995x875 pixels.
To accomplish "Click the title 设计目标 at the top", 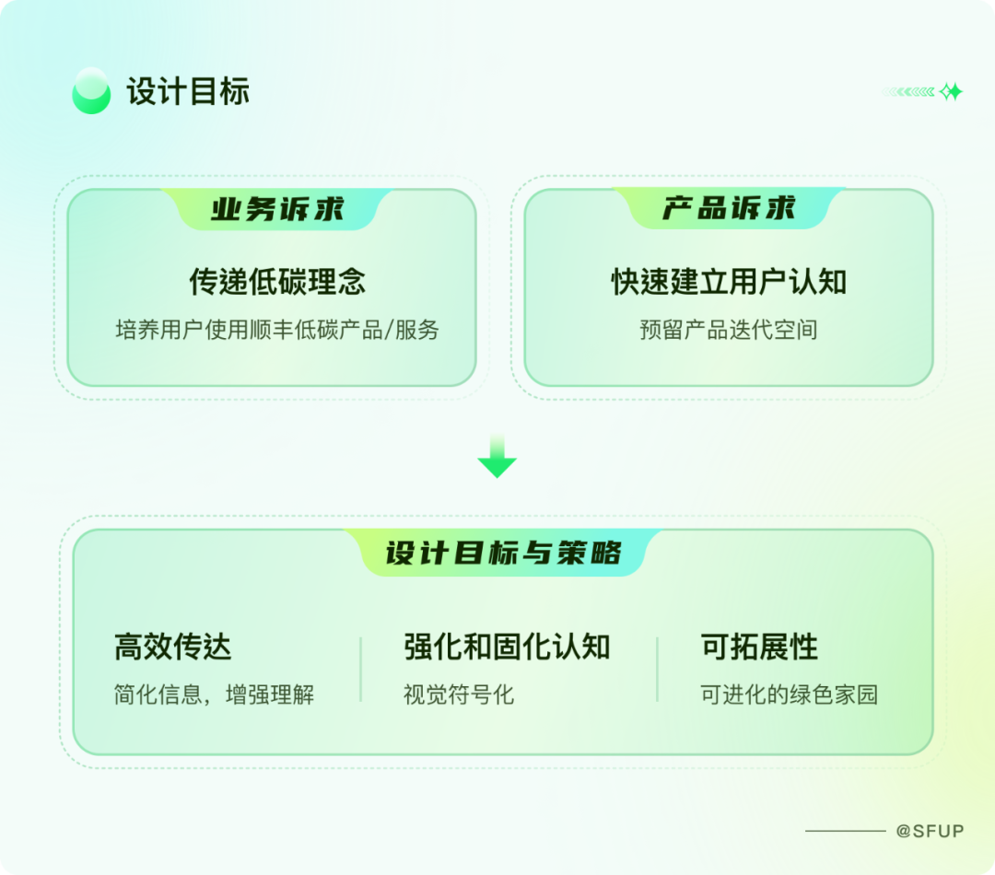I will [x=188, y=92].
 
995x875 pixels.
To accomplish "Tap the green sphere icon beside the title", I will [x=91, y=91].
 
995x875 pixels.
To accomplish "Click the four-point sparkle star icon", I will [x=951, y=92].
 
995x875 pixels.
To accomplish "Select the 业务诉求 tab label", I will [x=277, y=209].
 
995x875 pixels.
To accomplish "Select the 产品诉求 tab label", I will [x=729, y=209].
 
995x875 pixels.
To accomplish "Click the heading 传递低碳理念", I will [x=277, y=282].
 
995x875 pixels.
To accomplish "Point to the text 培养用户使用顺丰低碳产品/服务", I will [x=277, y=330].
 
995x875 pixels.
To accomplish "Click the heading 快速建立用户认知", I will [x=729, y=282].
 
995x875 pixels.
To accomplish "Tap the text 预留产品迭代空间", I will [x=729, y=330].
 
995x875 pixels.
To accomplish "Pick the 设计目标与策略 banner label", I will [x=503, y=553].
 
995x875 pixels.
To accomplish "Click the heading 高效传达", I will [x=172, y=647].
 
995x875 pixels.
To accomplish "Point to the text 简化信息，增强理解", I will [x=214, y=694].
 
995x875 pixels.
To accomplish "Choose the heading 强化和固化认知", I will [x=507, y=647].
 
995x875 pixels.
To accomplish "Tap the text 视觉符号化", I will [x=459, y=694].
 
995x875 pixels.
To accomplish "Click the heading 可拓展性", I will [x=759, y=647].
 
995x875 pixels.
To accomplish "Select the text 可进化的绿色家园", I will [x=790, y=694].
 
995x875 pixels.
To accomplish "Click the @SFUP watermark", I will [x=930, y=831].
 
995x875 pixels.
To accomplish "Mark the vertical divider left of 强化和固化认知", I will [x=360, y=670].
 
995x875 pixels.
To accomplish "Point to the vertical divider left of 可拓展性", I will [x=658, y=670].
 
